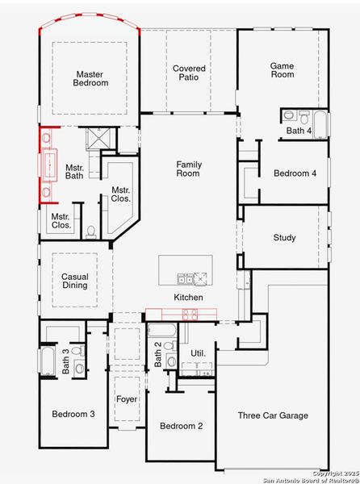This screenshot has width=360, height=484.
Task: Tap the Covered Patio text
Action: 189,74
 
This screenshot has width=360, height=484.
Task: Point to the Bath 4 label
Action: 298,131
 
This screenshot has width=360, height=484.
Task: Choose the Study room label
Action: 284,238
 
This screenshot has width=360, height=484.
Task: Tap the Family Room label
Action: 189,169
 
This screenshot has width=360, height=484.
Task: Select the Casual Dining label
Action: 75,282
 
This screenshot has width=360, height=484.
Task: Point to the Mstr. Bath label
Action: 74,171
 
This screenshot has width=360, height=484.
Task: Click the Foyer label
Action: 127,399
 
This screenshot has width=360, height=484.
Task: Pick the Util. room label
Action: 198,353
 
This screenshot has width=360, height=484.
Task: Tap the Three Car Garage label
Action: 273,415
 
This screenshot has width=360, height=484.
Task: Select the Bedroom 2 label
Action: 181,426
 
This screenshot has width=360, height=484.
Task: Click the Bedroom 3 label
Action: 73,414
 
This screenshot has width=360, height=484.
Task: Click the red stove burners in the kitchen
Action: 191,313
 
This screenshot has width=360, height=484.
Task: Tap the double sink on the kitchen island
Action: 186,279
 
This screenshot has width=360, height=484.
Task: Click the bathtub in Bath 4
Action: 320,124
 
